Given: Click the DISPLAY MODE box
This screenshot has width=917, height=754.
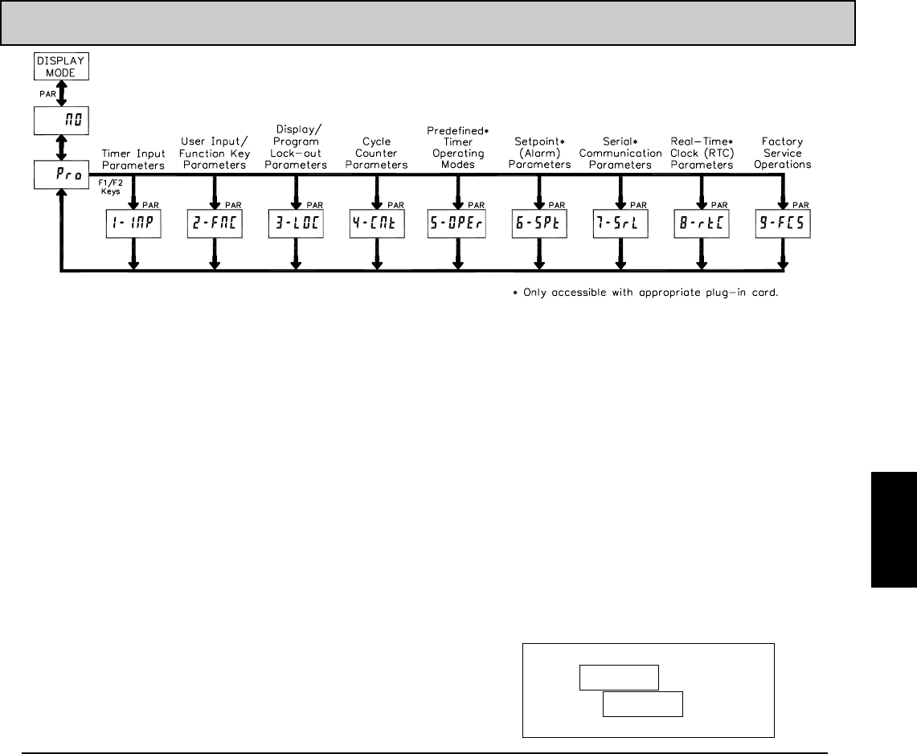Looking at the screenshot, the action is [61, 66].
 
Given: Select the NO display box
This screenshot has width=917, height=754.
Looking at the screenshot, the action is [61, 121].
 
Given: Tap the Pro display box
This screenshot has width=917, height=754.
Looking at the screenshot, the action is [61, 174].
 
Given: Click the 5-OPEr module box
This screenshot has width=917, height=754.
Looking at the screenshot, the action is [457, 227].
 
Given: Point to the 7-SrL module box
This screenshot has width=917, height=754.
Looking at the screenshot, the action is [620, 227].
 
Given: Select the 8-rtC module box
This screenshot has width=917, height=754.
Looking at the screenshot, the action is [701, 227].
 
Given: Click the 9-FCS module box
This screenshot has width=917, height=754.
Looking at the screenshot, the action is [782, 227].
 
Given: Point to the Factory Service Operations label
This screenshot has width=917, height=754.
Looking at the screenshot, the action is [782, 153].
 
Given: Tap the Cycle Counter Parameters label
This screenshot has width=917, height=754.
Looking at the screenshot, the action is [376, 153].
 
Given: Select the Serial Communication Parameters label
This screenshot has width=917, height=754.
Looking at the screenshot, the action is [620, 153].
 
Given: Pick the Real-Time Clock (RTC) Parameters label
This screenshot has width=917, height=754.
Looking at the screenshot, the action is [701, 153].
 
